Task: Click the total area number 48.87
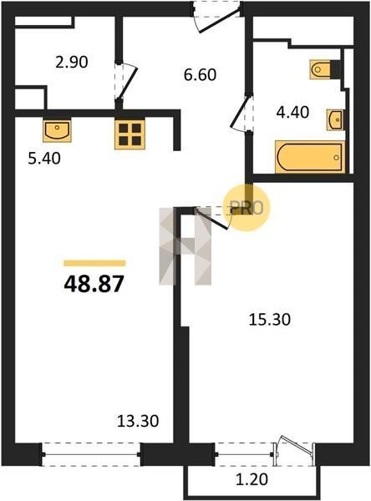(94, 284)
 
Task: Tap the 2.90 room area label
(71, 62)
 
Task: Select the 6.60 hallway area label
(201, 74)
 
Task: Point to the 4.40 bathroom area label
(292, 112)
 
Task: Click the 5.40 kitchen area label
(44, 158)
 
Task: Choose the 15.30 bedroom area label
(270, 319)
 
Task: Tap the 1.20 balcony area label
(252, 479)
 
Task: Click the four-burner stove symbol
(130, 134)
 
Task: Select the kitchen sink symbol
(58, 130)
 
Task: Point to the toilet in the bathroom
(324, 69)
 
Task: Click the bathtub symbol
(310, 157)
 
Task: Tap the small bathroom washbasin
(335, 119)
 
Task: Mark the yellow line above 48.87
(94, 263)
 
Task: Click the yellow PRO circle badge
(246, 208)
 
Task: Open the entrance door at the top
(217, 17)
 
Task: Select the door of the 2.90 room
(126, 80)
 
